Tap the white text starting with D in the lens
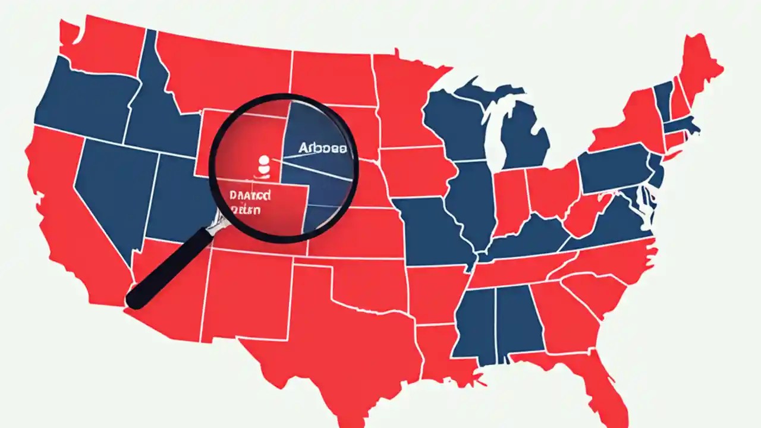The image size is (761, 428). click(x=249, y=195)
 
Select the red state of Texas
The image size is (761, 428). click(x=333, y=333)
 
